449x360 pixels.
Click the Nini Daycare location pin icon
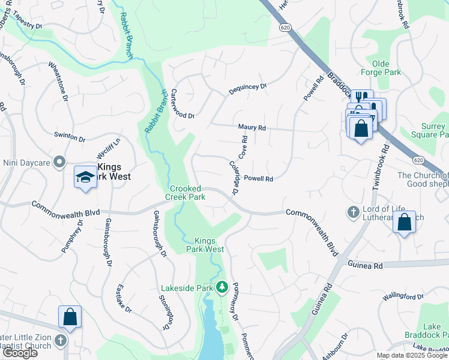pyautogui.click(x=59, y=162)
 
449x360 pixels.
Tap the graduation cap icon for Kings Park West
pyautogui.click(x=85, y=177)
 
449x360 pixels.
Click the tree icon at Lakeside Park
pyautogui.click(x=222, y=287)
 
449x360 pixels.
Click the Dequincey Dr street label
pyautogui.click(x=247, y=89)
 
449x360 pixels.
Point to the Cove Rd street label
pyautogui.click(x=243, y=147)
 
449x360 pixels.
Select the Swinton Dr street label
pyautogui.click(x=70, y=137)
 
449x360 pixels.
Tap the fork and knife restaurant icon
pyautogui.click(x=361, y=98)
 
